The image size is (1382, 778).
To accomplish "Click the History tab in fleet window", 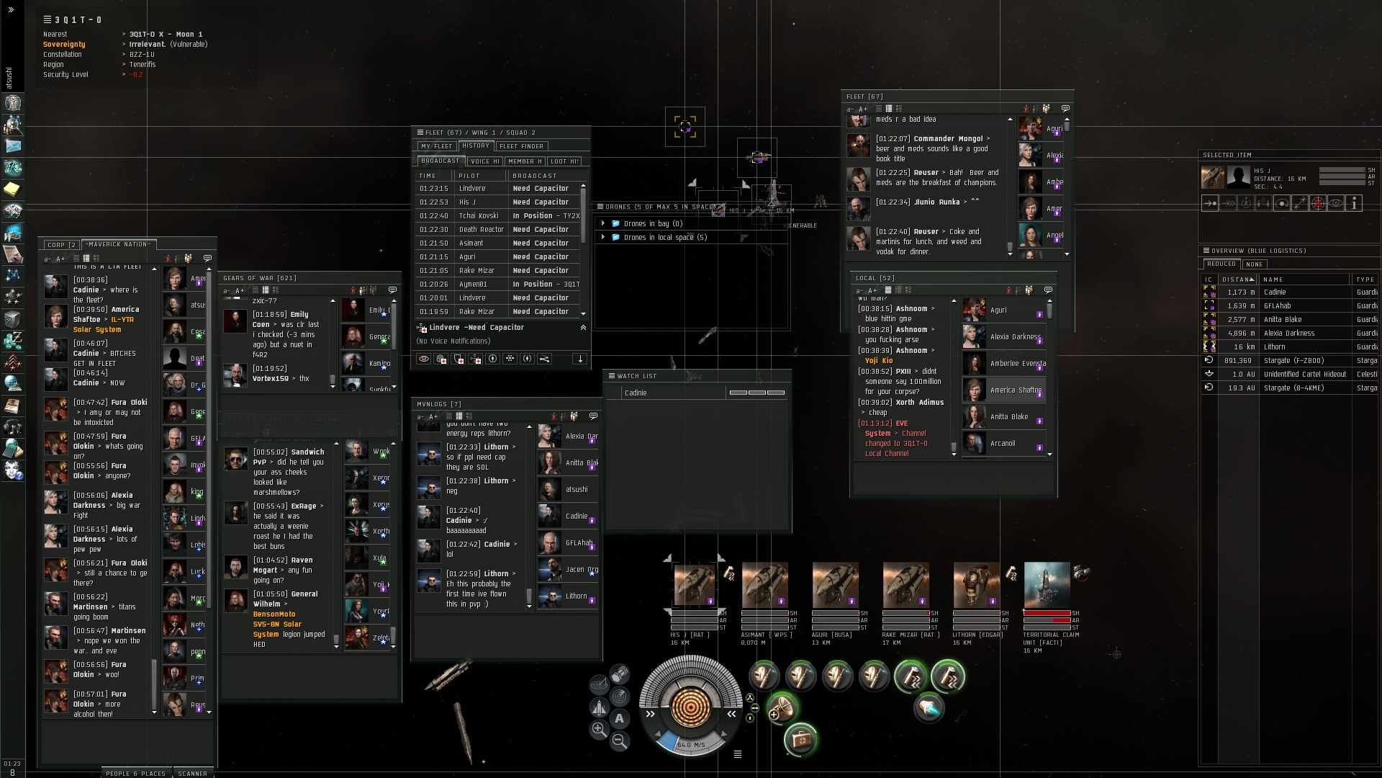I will click(x=475, y=146).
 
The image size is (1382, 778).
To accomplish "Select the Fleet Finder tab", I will click(x=521, y=146).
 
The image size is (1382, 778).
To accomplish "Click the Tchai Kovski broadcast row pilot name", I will click(x=478, y=216).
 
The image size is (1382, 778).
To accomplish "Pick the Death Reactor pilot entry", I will click(x=481, y=230).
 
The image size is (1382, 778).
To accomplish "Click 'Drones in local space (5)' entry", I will click(x=665, y=237).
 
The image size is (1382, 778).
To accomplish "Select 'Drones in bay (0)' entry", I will click(x=653, y=223).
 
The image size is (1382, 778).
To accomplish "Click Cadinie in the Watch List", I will click(x=636, y=393).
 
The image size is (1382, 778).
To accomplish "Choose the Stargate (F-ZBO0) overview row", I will click(x=1293, y=361).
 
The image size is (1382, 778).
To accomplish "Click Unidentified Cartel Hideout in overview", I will click(x=1304, y=375).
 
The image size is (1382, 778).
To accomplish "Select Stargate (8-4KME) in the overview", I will click(x=1293, y=388).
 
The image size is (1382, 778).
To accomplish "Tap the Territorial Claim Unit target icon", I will click(x=1047, y=585).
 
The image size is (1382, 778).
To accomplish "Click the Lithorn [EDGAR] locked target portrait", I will click(x=976, y=585).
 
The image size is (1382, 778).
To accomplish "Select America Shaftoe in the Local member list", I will click(x=1015, y=390).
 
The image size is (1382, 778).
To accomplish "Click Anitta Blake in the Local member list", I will click(x=1008, y=417).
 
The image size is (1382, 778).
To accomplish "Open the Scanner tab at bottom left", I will click(x=192, y=773).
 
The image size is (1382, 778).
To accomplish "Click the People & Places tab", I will click(x=135, y=773).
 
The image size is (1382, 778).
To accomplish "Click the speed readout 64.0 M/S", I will click(x=691, y=745).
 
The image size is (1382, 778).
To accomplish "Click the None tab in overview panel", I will click(x=1255, y=264).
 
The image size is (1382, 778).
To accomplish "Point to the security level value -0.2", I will click(x=136, y=75).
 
